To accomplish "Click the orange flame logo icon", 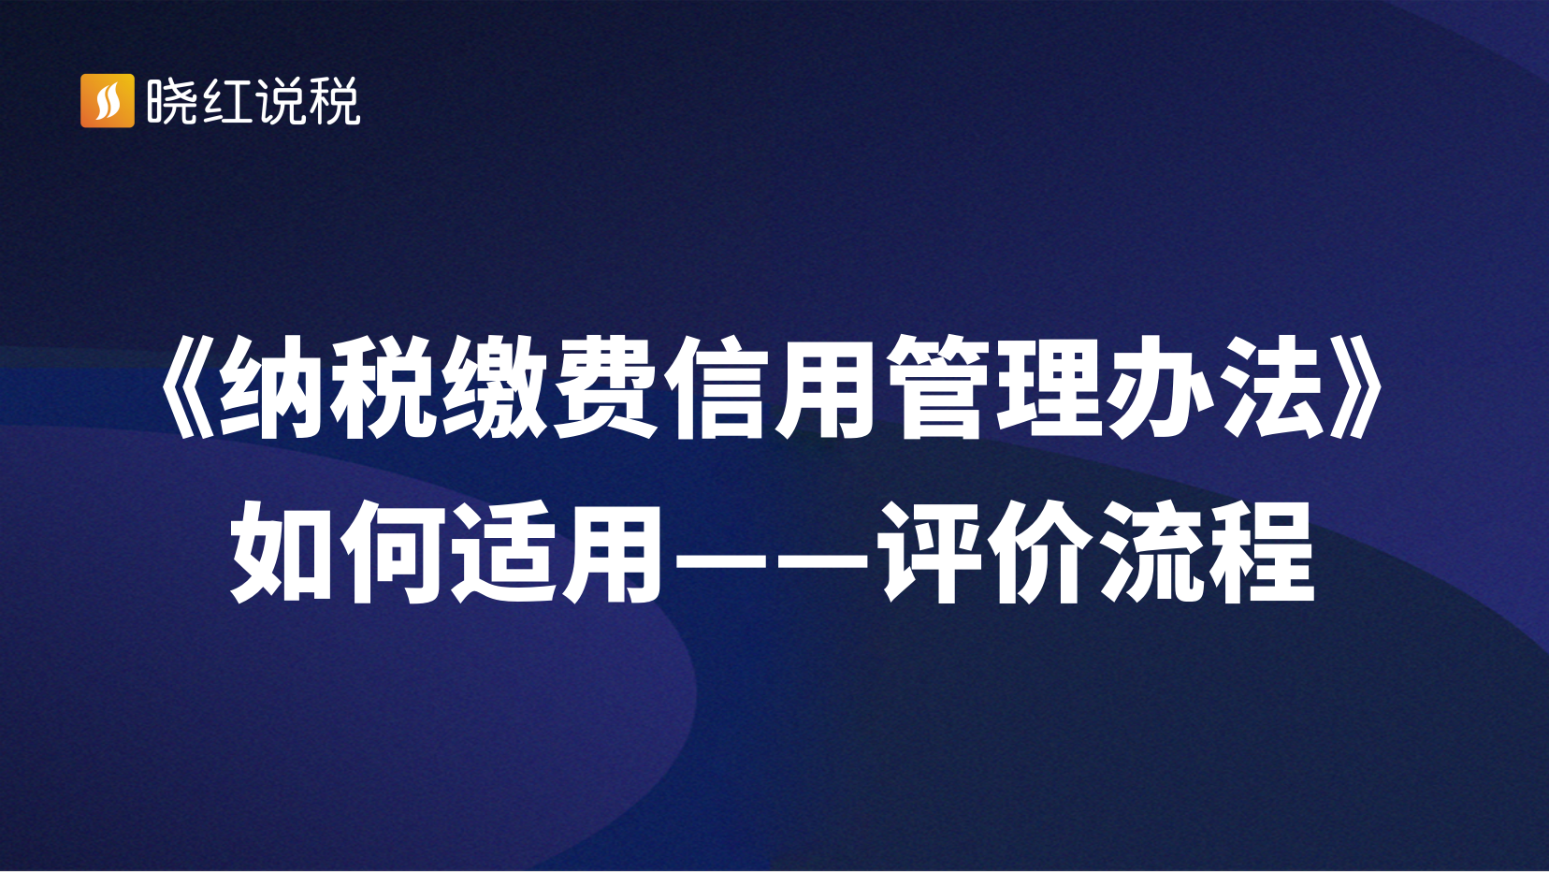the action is click(108, 101).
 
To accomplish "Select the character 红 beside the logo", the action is click(226, 101).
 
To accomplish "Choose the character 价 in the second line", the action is click(1045, 552).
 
